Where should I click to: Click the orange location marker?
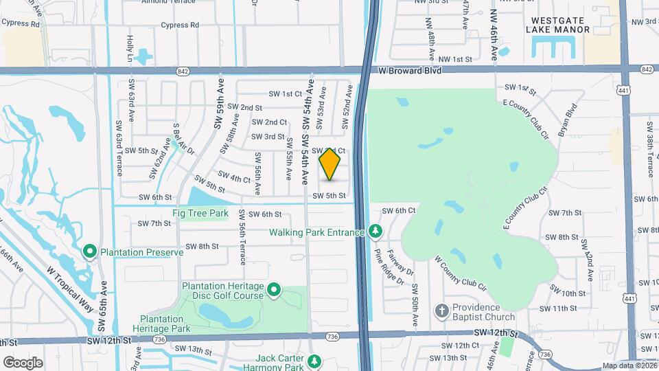(330, 164)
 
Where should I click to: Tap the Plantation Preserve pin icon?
(90, 252)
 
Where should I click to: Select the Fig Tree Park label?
(200, 214)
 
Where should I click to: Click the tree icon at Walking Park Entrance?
(375, 232)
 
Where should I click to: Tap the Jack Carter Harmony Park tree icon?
(314, 361)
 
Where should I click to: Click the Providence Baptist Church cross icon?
(443, 312)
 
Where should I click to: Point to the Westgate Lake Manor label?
(558, 25)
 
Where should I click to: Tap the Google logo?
(23, 362)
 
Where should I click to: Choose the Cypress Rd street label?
(180, 25)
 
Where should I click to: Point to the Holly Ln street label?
(130, 50)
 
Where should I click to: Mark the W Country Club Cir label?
(461, 273)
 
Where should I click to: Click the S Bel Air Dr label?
(182, 142)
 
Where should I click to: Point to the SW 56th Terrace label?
(242, 238)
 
